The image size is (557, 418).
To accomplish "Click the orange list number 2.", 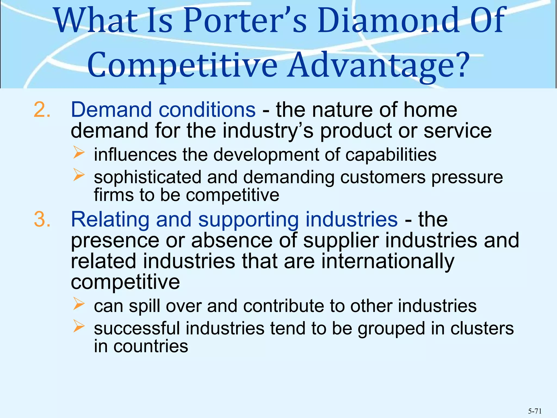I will point(42,110).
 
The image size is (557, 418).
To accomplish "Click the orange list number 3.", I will point(42,219).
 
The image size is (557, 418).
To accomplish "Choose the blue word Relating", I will point(110,219).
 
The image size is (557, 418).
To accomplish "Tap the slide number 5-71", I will point(535,411).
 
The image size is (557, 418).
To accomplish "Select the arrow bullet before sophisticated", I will point(79,175).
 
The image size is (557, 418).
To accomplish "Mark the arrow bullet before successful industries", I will point(79,326).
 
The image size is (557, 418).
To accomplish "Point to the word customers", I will point(383,177).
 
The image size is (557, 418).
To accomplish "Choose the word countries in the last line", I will point(151,346).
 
